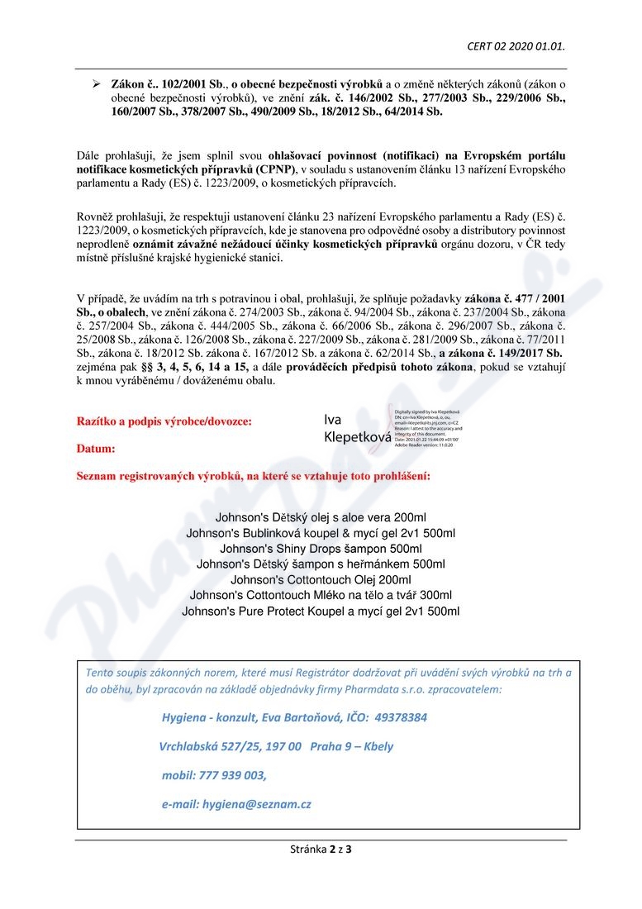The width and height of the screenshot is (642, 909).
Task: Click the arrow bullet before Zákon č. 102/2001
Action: [x=95, y=85]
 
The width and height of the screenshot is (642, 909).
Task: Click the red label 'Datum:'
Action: [x=96, y=449]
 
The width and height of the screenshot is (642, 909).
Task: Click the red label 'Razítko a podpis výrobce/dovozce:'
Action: [x=164, y=421]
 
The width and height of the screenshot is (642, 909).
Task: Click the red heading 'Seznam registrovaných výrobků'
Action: [x=253, y=477]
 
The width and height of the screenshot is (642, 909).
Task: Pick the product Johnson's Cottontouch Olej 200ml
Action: [x=321, y=579]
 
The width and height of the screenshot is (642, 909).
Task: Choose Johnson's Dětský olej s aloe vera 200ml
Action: [x=321, y=516]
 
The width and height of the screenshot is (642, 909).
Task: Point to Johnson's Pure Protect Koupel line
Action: [x=321, y=612]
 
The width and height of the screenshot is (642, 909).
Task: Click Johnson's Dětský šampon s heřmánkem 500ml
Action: [x=321, y=564]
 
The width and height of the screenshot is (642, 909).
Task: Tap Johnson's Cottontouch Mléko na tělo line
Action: [x=321, y=595]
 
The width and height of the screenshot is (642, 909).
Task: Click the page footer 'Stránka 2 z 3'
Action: [x=321, y=849]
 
